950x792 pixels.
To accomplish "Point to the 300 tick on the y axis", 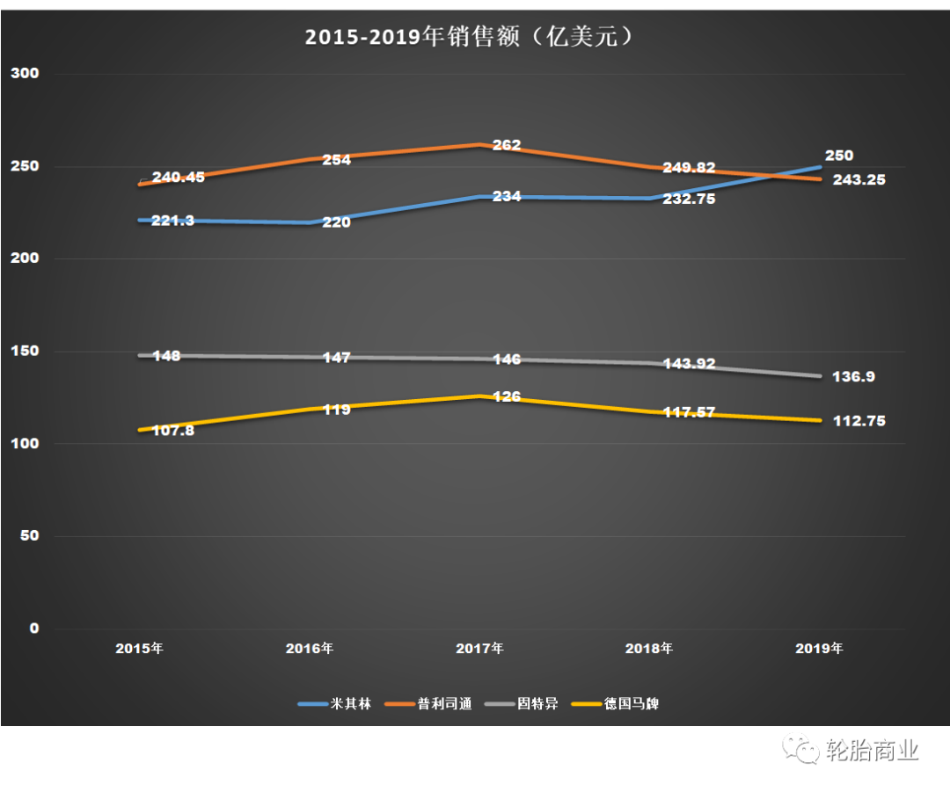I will click(x=25, y=74).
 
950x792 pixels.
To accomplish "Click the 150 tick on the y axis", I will click(x=25, y=352).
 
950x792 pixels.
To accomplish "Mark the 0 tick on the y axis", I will click(x=33, y=629).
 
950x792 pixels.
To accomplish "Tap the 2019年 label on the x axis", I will click(x=819, y=650).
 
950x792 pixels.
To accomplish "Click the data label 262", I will click(x=507, y=145).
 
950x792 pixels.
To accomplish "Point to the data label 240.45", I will click(x=179, y=177).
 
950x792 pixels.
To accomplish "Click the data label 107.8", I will click(x=172, y=431).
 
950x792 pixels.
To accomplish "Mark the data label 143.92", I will click(x=689, y=362).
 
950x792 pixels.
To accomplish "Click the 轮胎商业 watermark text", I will click(x=873, y=751).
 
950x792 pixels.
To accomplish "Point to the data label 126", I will click(x=507, y=397).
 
